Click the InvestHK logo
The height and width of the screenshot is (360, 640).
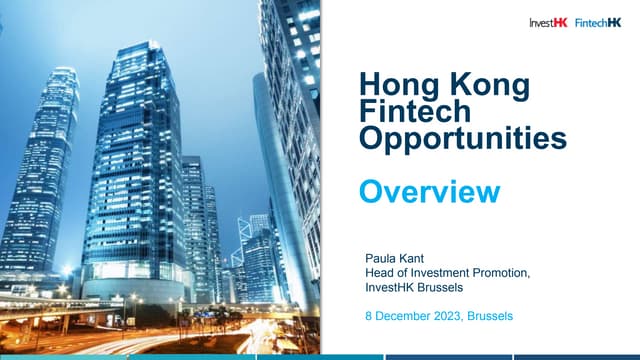pos(550,23)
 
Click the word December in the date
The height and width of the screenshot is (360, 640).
pos(400,316)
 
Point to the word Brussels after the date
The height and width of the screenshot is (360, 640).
pos(490,316)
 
